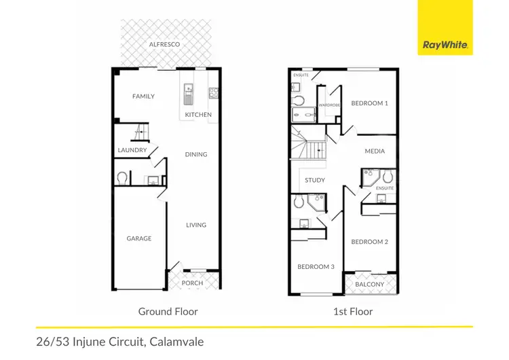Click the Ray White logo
(x=445, y=45)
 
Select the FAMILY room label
(x=143, y=96)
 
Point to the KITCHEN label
(x=199, y=115)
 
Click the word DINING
(x=196, y=154)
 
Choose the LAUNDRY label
(x=132, y=150)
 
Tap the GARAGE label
(x=139, y=238)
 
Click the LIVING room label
(x=196, y=225)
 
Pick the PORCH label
(x=193, y=283)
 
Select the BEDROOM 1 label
(x=369, y=103)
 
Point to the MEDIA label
(x=375, y=151)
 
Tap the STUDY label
(x=315, y=181)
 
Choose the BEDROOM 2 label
(x=369, y=242)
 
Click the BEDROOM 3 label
(x=316, y=267)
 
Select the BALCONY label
(x=370, y=284)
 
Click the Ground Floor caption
(x=168, y=312)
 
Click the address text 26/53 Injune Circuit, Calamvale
(x=119, y=342)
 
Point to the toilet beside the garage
(x=123, y=179)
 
